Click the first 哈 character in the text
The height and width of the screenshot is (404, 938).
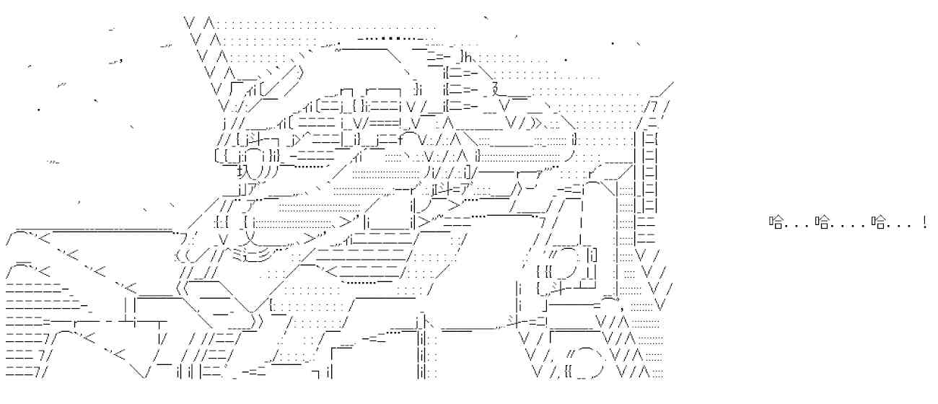[x=776, y=221]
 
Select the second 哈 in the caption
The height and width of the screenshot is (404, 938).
[x=823, y=221]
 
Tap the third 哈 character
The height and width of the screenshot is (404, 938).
[x=879, y=221]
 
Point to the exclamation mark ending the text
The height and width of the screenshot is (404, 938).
[x=924, y=221]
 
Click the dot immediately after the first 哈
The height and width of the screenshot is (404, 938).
[x=787, y=227]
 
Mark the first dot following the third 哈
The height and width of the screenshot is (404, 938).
[x=890, y=227]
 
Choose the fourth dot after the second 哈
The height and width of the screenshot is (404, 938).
[x=862, y=227]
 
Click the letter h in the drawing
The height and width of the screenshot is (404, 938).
[x=468, y=57]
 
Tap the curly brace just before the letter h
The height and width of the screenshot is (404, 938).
[x=462, y=57]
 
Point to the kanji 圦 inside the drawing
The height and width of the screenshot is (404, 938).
[x=244, y=171]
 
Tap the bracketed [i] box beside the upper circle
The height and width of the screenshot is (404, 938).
[x=592, y=255]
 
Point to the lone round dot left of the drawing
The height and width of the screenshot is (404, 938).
[x=39, y=110]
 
